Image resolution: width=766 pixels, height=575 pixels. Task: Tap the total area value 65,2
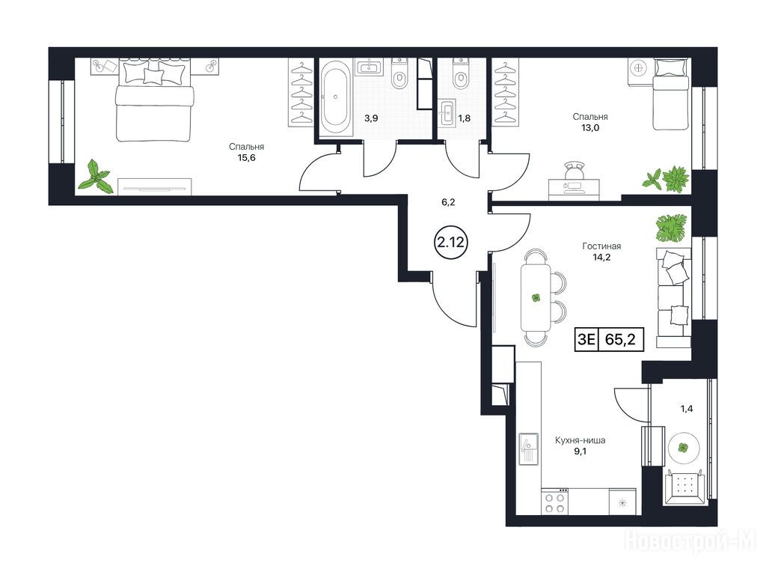click(620, 339)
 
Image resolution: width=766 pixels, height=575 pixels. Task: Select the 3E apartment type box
click(586, 339)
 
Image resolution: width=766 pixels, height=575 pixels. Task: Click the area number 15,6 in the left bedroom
click(246, 158)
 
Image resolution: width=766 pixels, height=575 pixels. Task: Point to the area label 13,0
click(590, 128)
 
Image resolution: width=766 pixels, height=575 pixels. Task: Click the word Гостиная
click(601, 246)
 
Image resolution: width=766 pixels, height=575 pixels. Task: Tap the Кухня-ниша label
click(580, 440)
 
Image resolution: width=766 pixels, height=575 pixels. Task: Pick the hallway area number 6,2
click(448, 202)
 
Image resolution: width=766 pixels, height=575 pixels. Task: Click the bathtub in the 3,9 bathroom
click(336, 97)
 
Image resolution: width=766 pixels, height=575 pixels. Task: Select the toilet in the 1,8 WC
click(460, 74)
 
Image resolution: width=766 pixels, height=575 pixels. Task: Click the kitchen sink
click(528, 449)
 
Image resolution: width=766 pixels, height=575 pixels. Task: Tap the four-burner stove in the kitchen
click(554, 502)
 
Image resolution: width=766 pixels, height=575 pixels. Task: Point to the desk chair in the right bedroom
click(574, 171)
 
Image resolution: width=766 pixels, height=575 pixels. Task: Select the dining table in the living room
click(536, 297)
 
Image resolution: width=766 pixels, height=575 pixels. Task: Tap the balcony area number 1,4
click(687, 409)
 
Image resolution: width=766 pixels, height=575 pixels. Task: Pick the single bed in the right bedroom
click(671, 94)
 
